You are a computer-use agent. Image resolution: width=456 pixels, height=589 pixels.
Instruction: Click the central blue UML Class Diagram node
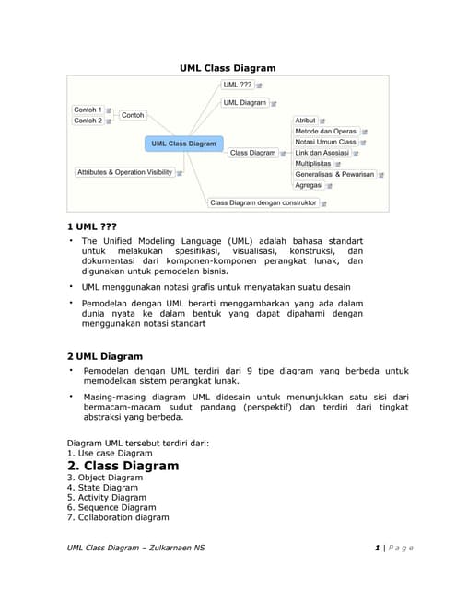[183, 144]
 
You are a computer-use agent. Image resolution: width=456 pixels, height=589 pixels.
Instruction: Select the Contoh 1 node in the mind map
[88, 110]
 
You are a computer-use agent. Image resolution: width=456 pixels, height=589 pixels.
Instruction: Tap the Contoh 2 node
[88, 121]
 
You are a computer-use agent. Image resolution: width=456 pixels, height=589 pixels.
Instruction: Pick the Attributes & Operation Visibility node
[124, 172]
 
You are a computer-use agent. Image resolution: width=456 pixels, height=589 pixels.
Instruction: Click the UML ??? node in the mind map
[238, 84]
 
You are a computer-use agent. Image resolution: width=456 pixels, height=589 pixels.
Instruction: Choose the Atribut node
[305, 121]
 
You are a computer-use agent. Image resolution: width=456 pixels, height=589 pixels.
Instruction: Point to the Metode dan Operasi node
[326, 132]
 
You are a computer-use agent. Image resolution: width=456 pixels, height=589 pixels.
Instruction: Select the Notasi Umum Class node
[325, 142]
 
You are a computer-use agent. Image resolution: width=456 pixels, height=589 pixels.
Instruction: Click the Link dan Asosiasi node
[321, 153]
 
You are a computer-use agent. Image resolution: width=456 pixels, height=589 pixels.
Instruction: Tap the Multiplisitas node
[312, 163]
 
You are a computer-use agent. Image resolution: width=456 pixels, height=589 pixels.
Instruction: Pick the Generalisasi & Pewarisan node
[334, 174]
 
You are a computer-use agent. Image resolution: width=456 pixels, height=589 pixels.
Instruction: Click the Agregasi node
[309, 185]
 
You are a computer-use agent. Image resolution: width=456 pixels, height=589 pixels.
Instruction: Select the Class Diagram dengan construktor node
[263, 202]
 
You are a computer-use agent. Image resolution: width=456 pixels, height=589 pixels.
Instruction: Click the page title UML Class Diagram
[228, 67]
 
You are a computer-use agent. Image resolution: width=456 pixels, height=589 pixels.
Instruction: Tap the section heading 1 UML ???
[92, 226]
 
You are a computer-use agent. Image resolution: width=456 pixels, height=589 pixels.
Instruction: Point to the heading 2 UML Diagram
[105, 356]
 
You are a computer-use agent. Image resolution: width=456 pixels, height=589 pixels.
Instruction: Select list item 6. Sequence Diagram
[111, 507]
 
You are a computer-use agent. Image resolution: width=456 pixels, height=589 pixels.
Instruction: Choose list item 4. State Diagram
[104, 488]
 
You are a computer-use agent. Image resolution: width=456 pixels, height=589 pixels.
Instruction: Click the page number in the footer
[378, 548]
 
